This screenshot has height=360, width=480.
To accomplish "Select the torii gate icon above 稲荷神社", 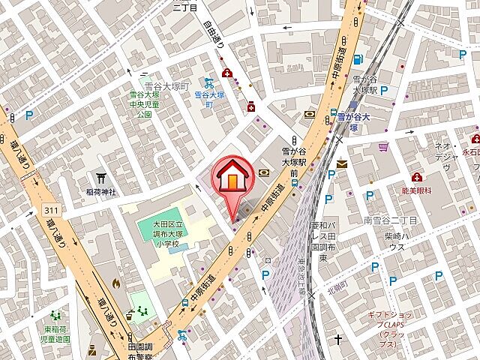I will point(100,178).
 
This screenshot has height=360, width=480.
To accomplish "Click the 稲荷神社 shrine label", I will point(100,192).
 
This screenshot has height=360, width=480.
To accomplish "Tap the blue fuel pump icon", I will point(358,59).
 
